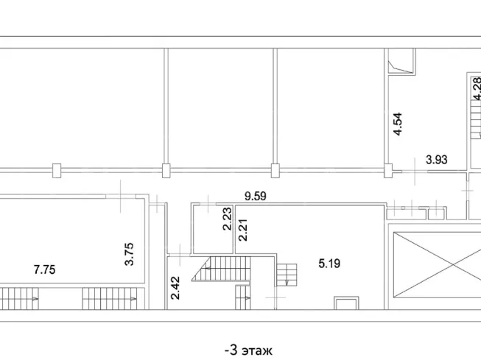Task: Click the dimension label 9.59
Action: (x=255, y=197)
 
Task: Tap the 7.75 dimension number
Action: (x=44, y=270)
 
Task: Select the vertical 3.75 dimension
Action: (x=129, y=254)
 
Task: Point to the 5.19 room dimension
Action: (x=329, y=264)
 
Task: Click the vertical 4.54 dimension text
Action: (x=398, y=124)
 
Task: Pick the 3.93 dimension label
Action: (x=437, y=160)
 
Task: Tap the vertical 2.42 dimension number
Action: (x=175, y=288)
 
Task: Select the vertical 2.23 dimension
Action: (x=228, y=219)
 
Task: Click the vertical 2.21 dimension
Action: (x=242, y=230)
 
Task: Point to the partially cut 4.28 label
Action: (x=477, y=89)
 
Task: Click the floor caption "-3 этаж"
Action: (x=248, y=350)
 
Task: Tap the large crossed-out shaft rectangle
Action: (x=437, y=264)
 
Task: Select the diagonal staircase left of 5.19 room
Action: (x=221, y=269)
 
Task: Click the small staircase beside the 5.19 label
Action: (x=287, y=275)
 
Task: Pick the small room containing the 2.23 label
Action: (x=212, y=229)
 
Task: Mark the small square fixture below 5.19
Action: (x=346, y=303)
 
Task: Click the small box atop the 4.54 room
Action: (x=401, y=61)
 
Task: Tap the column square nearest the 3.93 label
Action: (x=388, y=171)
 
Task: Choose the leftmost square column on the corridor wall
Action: (x=57, y=171)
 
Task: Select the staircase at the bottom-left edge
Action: (x=19, y=298)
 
